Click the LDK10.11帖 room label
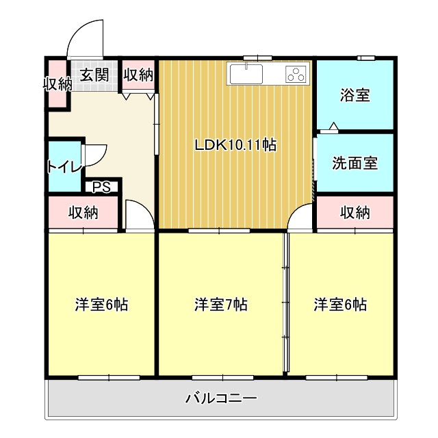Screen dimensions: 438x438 coord(235,145)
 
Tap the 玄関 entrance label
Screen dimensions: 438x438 coord(94,75)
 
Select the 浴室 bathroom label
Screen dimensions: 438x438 coord(355,95)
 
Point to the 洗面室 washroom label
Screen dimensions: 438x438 coord(355,163)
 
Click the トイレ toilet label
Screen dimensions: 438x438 coord(65,166)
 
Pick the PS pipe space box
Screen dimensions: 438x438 coord(101,187)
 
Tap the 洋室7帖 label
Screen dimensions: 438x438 coord(221,305)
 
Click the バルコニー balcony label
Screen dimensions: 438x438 coord(221,398)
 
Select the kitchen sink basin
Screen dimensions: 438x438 coord(246,74)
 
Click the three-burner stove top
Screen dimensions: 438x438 coord(296,74)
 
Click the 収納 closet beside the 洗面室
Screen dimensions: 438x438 coord(355,212)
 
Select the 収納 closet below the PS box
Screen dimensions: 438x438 coord(83,212)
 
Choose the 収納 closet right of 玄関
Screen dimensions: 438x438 coord(138,75)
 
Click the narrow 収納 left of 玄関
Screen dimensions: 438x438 coord(57,83)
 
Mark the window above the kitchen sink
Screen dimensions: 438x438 coord(257,57)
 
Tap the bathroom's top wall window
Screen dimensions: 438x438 coord(366,57)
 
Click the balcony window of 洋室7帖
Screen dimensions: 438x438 coord(223,378)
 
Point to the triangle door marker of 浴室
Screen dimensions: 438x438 coord(333,126)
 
